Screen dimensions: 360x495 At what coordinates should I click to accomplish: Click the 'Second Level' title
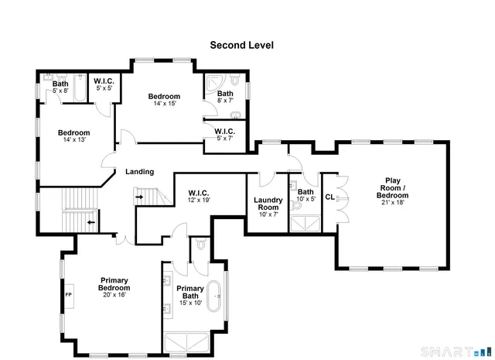[241, 45]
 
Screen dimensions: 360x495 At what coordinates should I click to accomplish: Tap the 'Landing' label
[139, 172]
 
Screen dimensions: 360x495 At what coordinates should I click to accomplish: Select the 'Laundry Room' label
[268, 204]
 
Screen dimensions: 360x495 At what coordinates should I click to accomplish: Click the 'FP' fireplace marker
[68, 295]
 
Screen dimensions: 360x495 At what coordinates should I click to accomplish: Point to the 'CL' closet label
[329, 197]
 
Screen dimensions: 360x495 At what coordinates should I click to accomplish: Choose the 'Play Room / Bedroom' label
[393, 188]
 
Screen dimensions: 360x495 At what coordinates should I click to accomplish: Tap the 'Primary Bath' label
[190, 293]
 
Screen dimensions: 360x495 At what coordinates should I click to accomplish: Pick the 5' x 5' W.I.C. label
[104, 84]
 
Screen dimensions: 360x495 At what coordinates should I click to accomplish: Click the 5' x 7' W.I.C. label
[225, 135]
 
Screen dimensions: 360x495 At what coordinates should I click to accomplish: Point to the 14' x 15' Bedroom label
[164, 100]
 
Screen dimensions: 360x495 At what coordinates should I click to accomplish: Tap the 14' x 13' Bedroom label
[73, 135]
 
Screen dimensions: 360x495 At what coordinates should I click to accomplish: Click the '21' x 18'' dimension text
[393, 204]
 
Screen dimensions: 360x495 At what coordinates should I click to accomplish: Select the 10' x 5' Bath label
[306, 195]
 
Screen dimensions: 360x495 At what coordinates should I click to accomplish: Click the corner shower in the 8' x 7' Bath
[216, 82]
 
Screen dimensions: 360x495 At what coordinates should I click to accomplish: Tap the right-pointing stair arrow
[140, 197]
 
